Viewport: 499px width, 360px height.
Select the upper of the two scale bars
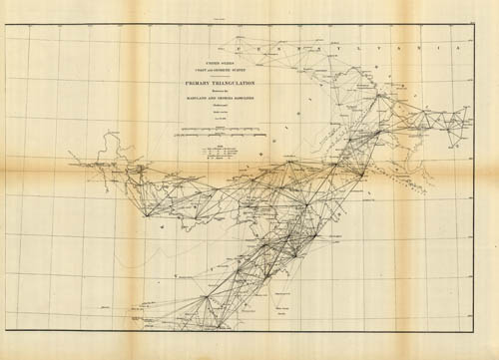tap(216, 130)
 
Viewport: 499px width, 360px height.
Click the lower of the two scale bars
tap(216, 138)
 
